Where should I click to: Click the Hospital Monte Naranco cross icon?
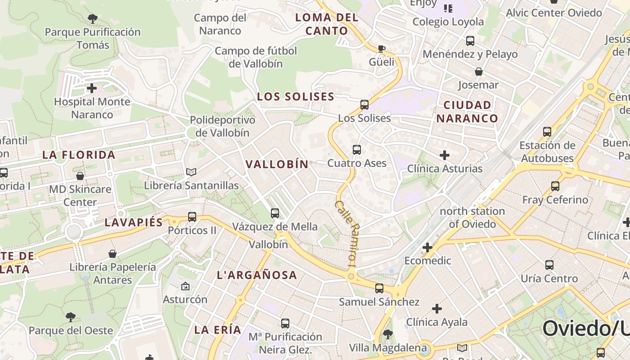[92, 88]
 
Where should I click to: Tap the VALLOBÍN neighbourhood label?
[277, 164]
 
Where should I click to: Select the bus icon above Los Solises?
[364, 105]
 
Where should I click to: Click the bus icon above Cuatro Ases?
[357, 150]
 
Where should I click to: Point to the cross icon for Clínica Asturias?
[445, 156]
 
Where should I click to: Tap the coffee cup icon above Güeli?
[382, 49]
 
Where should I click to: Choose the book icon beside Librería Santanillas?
[191, 172]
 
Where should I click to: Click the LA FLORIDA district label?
[79, 155]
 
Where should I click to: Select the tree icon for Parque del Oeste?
[70, 317]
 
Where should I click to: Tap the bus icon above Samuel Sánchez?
[379, 288]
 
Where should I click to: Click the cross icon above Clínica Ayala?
[436, 309]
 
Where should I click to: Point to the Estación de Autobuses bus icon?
[547, 132]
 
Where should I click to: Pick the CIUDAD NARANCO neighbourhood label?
[467, 112]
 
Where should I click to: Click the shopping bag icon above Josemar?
[479, 72]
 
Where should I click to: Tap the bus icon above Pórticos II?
[192, 217]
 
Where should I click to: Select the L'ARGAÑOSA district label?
[257, 275]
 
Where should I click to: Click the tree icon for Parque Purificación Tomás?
[93, 19]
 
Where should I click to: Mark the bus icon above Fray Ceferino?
[555, 186]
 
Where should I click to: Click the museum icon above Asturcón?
[185, 286]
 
